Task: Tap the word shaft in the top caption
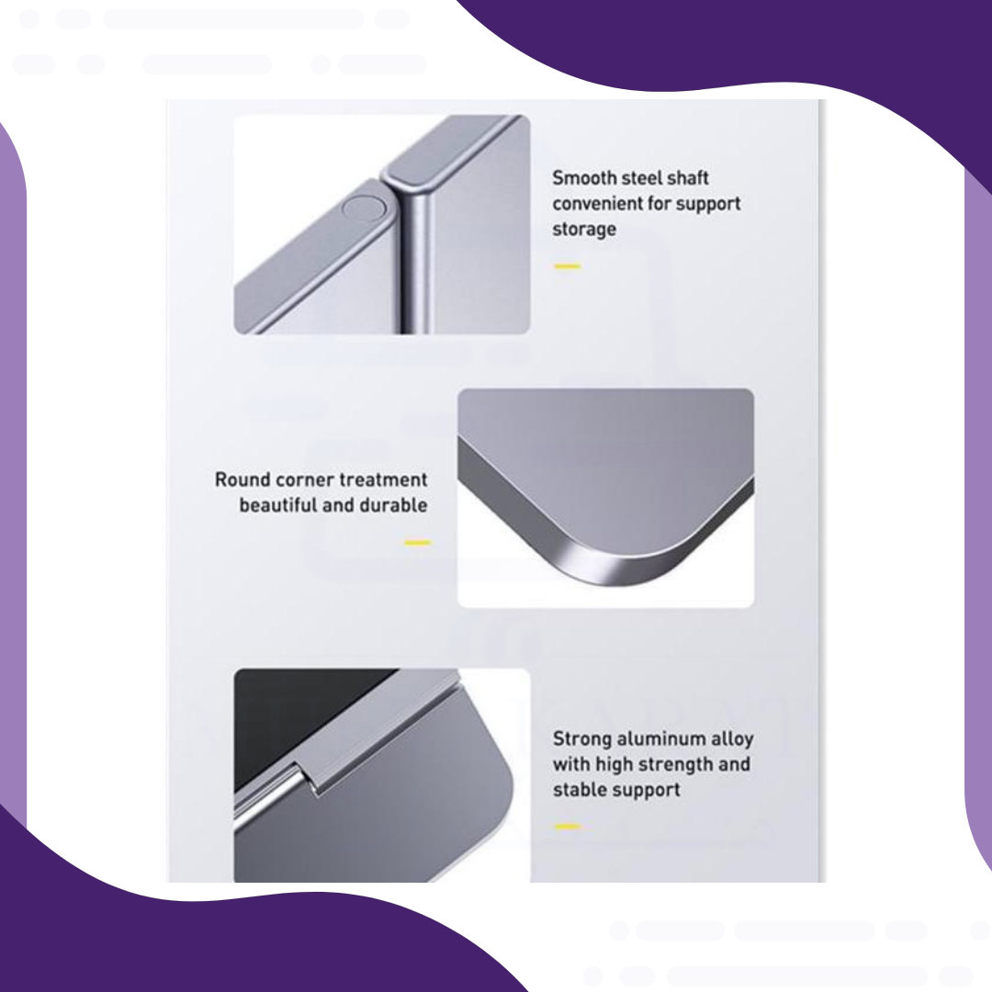[688, 178]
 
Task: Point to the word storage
[584, 230]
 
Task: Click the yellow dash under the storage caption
[567, 266]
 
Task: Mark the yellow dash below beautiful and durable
[417, 542]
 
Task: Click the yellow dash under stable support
[567, 827]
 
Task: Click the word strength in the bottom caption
[675, 765]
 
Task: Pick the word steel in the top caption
[642, 178]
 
